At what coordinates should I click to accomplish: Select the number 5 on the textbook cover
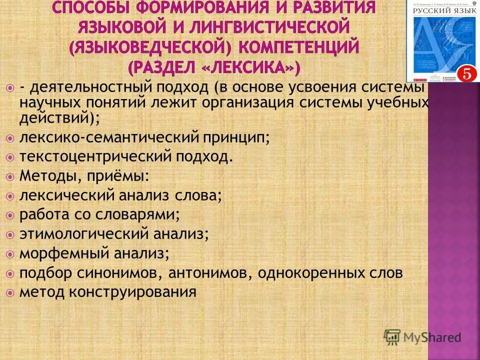466,73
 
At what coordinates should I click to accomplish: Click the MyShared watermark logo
422,336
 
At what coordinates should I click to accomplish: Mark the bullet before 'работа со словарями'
10,215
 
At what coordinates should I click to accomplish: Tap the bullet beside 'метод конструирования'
10,292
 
